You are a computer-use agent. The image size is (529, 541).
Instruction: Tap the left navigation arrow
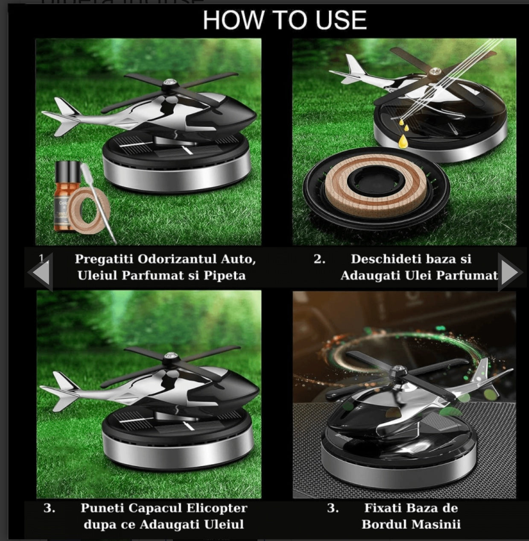pyautogui.click(x=40, y=272)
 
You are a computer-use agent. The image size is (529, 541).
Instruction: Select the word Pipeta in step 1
pyautogui.click(x=225, y=275)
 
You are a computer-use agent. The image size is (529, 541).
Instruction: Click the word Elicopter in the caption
pyautogui.click(x=217, y=508)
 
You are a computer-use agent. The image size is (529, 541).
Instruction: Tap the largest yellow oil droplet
pyautogui.click(x=402, y=141)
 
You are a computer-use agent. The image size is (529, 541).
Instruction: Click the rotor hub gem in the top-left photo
pyautogui.click(x=168, y=82)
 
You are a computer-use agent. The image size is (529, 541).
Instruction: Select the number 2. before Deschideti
pyautogui.click(x=319, y=259)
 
